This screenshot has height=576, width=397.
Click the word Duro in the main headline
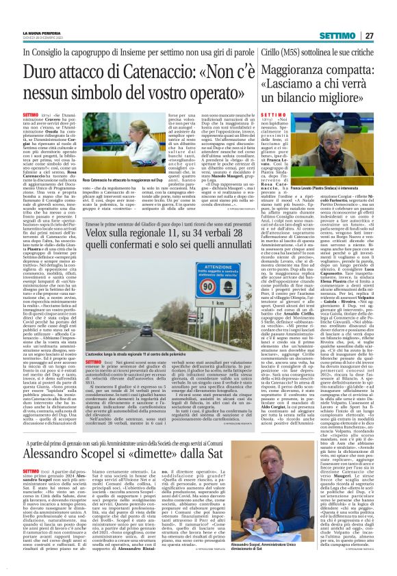click(45, 70)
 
